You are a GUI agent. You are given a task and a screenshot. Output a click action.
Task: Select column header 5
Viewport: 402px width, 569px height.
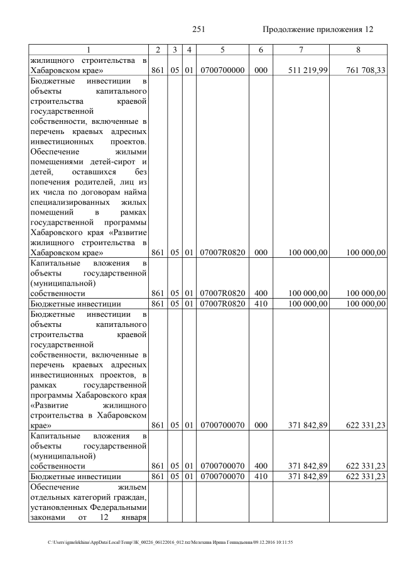point(222,50)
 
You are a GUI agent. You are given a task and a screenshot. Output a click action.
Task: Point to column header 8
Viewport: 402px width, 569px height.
point(358,50)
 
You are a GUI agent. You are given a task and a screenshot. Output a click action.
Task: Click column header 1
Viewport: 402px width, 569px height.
point(89,50)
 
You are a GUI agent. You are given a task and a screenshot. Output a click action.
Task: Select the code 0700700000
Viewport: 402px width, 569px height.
point(222,70)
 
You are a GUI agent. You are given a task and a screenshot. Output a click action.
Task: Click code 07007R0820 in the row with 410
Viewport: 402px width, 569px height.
point(222,304)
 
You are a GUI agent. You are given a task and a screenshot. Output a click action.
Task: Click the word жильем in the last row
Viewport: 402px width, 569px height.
point(130,487)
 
